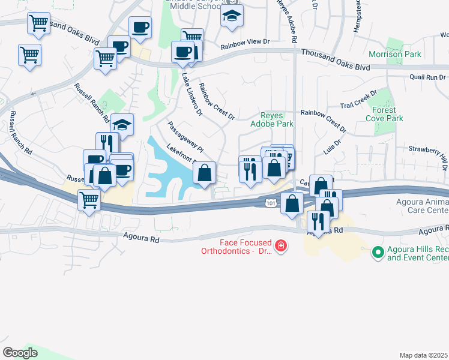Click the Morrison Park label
[394, 54]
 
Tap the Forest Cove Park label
[384, 114]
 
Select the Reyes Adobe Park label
[277, 119]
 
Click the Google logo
[20, 352]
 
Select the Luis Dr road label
[332, 148]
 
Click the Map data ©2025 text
[424, 355]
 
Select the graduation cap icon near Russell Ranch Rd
[122, 125]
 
